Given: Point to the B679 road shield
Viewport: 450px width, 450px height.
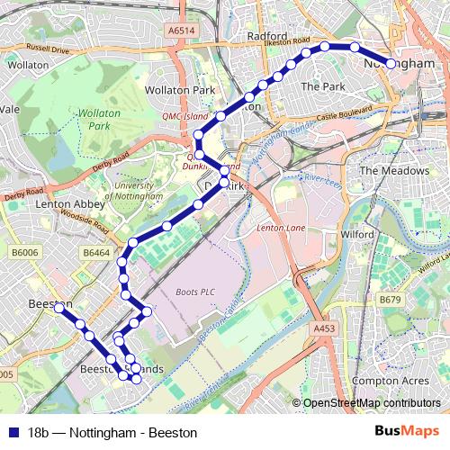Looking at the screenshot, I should [x=390, y=299].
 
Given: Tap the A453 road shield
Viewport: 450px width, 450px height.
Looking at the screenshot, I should [x=325, y=330].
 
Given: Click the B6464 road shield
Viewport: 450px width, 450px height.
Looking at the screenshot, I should [x=96, y=255].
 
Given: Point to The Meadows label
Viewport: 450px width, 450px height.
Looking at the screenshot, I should [x=394, y=170].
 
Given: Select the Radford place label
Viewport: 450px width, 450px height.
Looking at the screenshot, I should [x=266, y=36].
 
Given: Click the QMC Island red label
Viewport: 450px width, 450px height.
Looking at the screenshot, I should [x=184, y=116].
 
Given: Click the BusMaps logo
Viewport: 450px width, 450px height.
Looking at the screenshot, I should [x=408, y=432].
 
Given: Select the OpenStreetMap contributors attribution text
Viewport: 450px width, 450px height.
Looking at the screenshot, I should [x=371, y=403].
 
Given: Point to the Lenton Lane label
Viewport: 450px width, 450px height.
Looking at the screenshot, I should [x=282, y=229].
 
